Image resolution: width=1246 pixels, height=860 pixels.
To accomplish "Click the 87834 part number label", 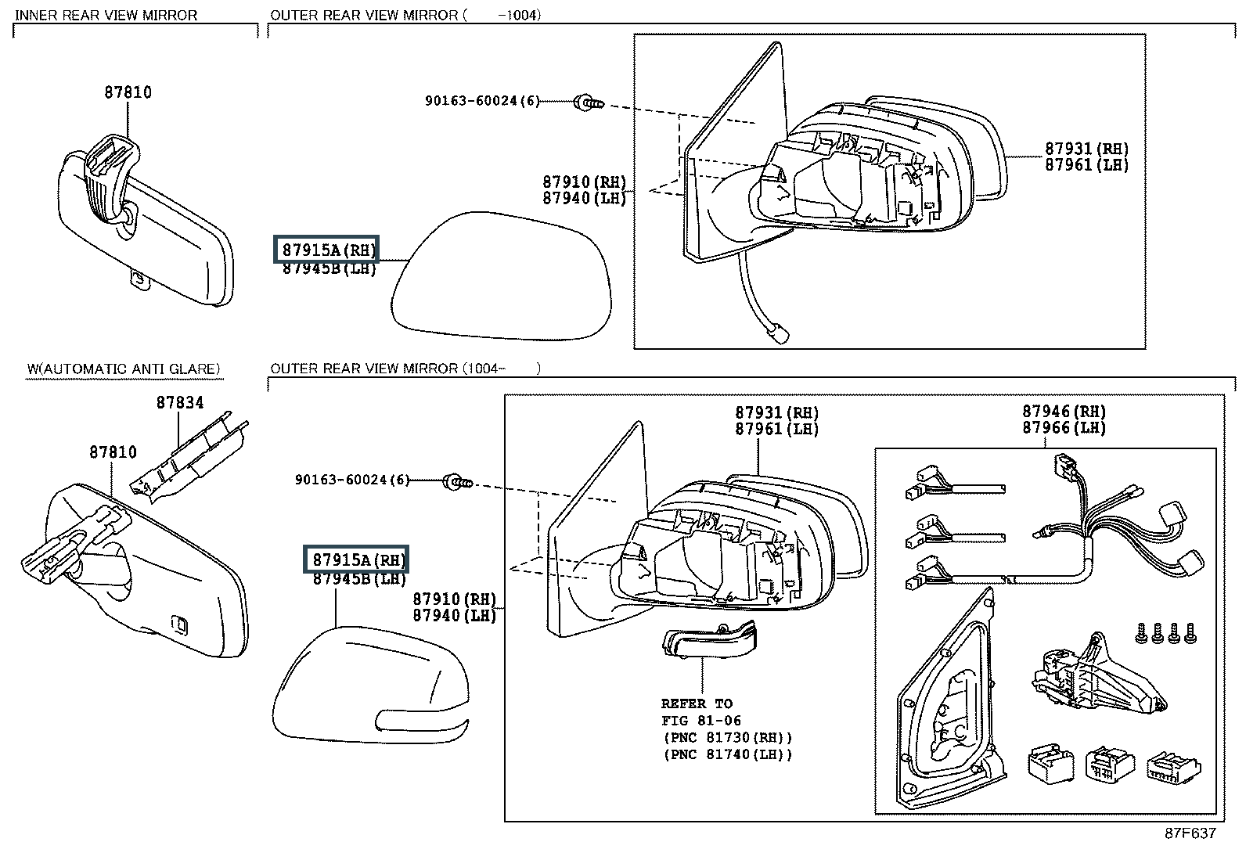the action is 180,402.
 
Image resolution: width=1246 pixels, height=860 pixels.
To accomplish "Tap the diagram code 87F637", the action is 1190,833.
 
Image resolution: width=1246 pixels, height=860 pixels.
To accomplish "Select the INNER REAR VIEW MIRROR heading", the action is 106,15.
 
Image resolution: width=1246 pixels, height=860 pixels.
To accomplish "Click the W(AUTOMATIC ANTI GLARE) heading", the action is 124,369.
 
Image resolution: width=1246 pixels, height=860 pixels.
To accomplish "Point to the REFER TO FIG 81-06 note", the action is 701,712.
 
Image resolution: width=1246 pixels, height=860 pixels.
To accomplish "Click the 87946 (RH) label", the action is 1064,411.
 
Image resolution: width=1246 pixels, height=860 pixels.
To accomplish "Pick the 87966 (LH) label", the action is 1064,428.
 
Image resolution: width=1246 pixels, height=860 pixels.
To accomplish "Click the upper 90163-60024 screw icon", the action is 588,103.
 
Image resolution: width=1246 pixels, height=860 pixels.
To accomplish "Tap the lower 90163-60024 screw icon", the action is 457,482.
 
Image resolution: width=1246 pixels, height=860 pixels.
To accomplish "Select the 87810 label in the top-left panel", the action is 128,92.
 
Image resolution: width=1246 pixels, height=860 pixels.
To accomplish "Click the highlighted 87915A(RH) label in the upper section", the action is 326,249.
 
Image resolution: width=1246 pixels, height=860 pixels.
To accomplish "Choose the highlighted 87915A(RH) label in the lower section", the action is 356,559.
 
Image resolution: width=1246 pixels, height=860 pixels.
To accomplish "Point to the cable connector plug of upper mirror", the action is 777,334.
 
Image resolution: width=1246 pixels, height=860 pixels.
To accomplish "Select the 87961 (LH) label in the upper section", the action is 1086,165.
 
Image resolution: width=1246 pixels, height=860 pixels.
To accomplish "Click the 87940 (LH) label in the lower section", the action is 455,616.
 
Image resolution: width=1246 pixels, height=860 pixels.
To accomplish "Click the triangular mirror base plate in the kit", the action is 951,701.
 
